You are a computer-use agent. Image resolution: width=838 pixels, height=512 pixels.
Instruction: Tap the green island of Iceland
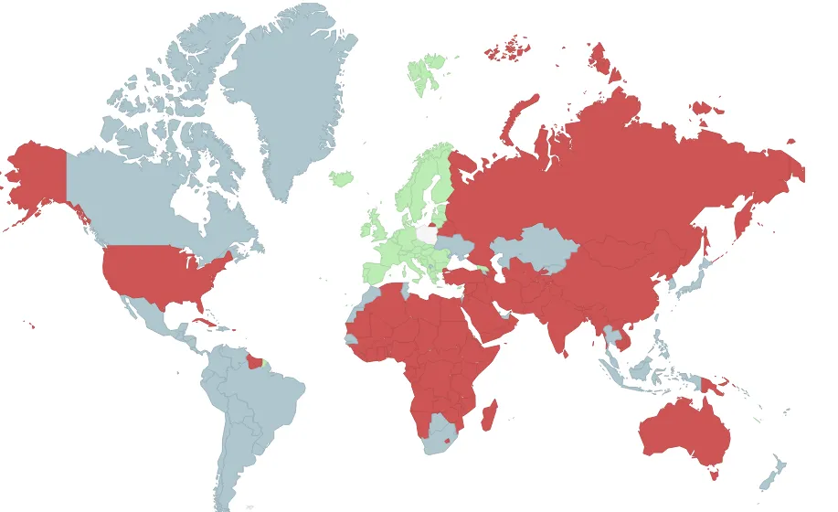coord(342,177)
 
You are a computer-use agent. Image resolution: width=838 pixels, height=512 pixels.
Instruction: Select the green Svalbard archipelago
coord(425,71)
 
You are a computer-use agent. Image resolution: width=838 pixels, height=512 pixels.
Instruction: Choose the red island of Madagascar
coord(490,415)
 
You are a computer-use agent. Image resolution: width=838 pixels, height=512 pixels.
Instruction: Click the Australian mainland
coord(685,430)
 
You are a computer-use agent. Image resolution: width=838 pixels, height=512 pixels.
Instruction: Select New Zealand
coord(773,470)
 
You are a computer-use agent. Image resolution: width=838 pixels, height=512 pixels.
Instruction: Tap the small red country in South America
coord(253,363)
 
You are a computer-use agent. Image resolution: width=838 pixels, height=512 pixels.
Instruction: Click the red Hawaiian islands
coord(30,324)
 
